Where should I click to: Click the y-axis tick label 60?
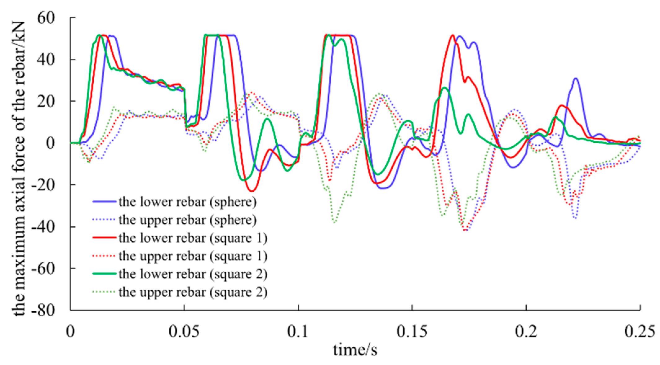click(50, 18)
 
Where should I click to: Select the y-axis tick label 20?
click(50, 101)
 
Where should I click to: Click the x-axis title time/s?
click(355, 350)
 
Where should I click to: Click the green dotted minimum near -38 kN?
click(334, 222)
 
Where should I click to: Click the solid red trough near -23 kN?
click(252, 191)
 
